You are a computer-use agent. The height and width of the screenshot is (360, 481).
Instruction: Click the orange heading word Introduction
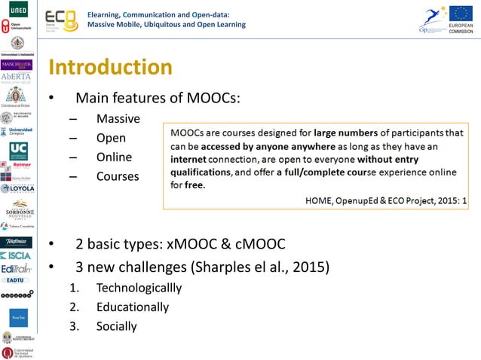pyautogui.click(x=110, y=68)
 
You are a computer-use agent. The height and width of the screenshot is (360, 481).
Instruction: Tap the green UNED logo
pyautogui.click(x=16, y=10)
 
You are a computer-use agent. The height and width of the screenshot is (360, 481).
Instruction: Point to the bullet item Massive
pyautogui.click(x=118, y=119)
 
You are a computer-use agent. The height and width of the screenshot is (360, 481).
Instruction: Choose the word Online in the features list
pyautogui.click(x=114, y=157)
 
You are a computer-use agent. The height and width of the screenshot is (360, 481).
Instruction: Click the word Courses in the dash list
pyautogui.click(x=118, y=176)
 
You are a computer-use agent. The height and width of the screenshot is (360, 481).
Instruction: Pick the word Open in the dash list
pyautogui.click(x=111, y=139)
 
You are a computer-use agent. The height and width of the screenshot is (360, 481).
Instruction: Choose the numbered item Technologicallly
pyautogui.click(x=139, y=288)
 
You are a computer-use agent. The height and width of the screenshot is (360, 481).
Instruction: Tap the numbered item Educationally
pyautogui.click(x=133, y=307)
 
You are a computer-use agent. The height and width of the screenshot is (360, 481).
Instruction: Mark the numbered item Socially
pyautogui.click(x=117, y=326)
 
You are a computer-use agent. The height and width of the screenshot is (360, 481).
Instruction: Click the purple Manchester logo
pyautogui.click(x=16, y=66)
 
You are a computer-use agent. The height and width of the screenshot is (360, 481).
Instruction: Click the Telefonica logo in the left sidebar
pyautogui.click(x=16, y=242)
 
